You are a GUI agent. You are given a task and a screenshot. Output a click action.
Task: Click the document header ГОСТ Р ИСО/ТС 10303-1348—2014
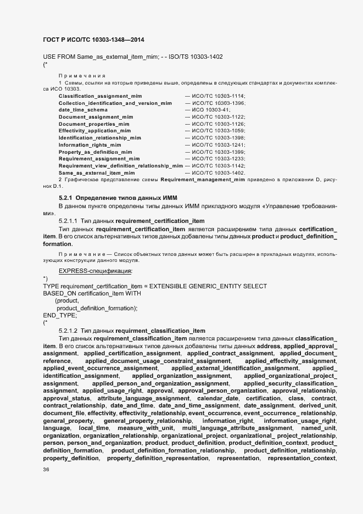point(93,40)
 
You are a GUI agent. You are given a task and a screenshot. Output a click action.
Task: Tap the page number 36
point(47,470)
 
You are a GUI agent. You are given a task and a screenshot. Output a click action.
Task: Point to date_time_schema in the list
point(83,110)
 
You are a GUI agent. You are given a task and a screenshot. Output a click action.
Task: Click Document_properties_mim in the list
point(90,124)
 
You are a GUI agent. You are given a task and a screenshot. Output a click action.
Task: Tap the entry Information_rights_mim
point(90,144)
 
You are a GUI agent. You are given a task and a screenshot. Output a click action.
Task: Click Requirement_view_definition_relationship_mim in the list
point(121,165)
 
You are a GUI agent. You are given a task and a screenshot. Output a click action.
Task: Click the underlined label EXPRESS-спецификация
point(95,271)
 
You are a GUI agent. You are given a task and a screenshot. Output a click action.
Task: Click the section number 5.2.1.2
point(69,331)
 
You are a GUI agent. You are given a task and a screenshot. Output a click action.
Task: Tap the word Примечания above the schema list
point(82,75)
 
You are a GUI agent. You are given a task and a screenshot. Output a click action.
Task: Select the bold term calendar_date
point(217,398)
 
